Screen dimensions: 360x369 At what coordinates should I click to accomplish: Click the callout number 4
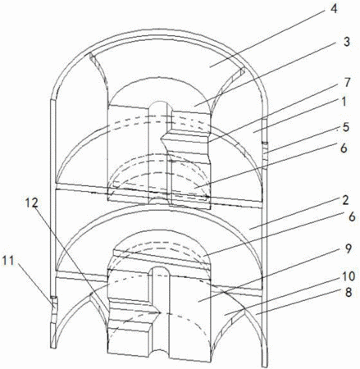click(334, 9)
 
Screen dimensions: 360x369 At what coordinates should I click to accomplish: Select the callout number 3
click(346, 42)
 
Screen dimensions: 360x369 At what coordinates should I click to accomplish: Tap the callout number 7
click(347, 82)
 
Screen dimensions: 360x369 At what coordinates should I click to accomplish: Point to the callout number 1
click(344, 102)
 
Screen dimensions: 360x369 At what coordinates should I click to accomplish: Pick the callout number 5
click(346, 127)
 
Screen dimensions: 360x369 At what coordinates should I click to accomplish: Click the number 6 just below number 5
click(344, 148)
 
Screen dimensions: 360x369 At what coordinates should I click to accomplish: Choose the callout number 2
click(345, 200)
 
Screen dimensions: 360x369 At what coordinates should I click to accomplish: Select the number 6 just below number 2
click(352, 216)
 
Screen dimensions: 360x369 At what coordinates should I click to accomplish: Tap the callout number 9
click(348, 249)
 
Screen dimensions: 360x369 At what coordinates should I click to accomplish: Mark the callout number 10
click(348, 276)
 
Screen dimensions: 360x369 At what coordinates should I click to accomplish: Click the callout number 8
click(348, 293)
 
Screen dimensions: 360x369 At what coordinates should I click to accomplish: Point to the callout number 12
click(32, 203)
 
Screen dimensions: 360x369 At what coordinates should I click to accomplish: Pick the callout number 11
click(8, 261)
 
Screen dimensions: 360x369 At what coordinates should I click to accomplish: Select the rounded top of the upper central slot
click(161, 105)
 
